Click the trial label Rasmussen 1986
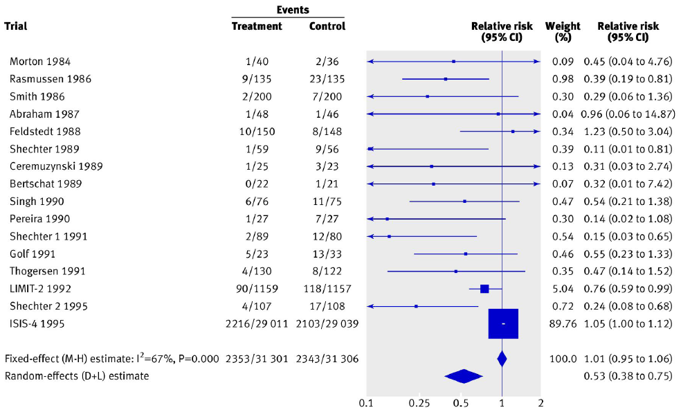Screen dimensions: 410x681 tap(51, 79)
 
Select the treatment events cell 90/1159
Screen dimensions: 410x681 tap(257, 288)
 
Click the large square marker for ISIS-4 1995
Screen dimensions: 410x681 tap(503, 323)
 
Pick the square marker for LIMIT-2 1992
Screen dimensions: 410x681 tap(484, 288)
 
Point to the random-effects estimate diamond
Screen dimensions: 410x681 tap(464, 376)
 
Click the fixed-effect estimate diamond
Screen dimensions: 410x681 tap(502, 359)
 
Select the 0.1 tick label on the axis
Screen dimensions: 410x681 tap(367, 402)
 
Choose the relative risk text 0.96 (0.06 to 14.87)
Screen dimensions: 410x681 tap(628, 114)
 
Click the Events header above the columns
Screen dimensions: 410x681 tap(293, 10)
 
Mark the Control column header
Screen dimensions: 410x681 tap(327, 26)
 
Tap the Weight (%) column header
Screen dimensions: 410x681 tap(563, 32)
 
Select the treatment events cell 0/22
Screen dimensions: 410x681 tap(257, 184)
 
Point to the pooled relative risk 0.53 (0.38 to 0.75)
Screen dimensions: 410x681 tap(627, 376)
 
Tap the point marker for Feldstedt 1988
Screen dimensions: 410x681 tap(513, 131)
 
